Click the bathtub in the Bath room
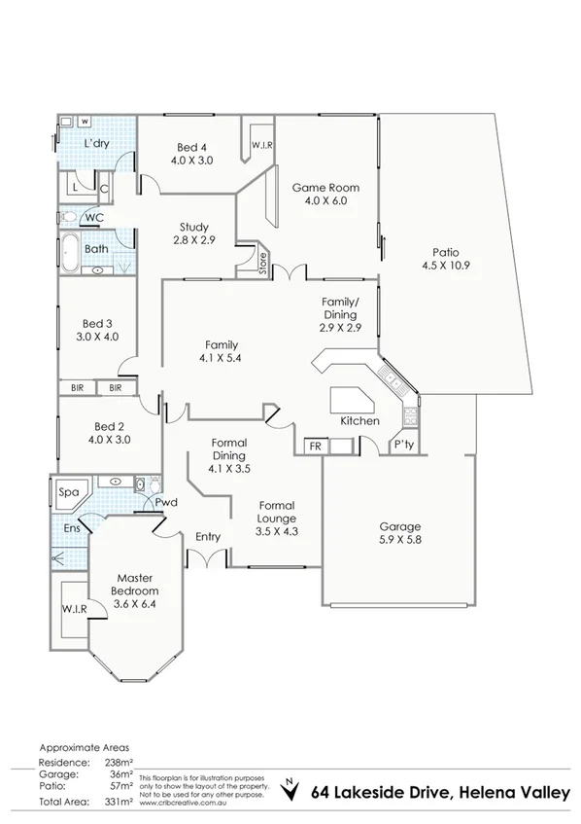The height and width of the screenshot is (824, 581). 71,253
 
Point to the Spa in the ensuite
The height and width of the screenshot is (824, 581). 68,492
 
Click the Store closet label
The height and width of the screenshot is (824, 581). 262,263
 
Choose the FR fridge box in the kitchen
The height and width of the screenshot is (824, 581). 315,447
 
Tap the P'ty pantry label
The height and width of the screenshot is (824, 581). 403,447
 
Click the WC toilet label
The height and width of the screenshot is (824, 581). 93,218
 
